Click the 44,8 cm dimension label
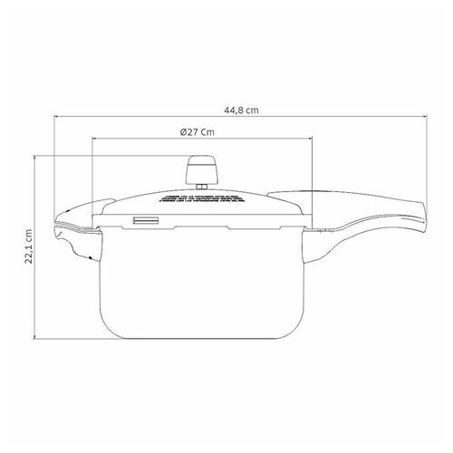241,111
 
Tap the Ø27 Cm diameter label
198,132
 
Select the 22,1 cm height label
29,246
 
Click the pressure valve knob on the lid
201,169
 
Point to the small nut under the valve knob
201,187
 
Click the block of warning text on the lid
201,198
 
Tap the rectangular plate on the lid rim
146,221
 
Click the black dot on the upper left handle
69,210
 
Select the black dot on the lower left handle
90,257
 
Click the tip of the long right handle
426,215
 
